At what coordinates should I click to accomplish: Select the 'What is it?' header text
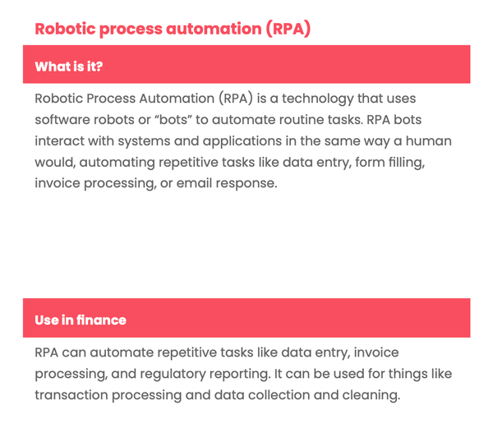(69, 66)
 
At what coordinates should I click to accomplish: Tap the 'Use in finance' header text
(81, 320)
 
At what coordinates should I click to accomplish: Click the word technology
(319, 99)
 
